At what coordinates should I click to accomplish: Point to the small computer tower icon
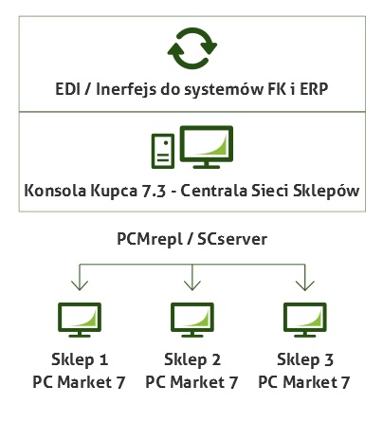point(163,151)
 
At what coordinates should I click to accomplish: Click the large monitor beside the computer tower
point(207,147)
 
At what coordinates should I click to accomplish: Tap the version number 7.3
point(154,191)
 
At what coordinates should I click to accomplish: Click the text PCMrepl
point(150,239)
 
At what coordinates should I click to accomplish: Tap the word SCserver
point(232,239)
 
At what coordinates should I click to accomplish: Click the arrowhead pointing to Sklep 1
point(80,285)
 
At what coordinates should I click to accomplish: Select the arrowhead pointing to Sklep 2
point(192,285)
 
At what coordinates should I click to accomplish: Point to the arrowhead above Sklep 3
point(305,285)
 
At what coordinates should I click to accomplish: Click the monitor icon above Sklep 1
point(80,320)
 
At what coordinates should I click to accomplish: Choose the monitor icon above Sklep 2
point(192,320)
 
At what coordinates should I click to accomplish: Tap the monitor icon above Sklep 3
point(305,320)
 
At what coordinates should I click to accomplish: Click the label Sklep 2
point(192,360)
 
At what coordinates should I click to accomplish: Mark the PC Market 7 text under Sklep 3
point(304,382)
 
